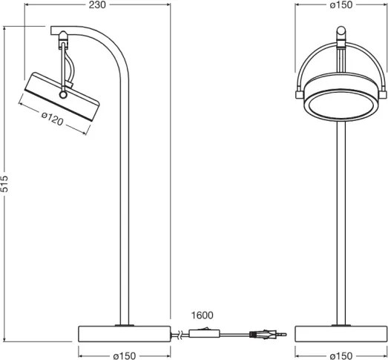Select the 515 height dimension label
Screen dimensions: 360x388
5,185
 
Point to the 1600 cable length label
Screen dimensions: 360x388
202,315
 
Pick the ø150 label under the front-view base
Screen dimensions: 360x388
341,354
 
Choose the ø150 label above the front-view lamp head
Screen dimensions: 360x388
341,5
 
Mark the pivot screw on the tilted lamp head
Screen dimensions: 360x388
63,95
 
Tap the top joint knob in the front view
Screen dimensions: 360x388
341,33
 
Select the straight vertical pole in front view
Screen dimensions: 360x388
341,223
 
